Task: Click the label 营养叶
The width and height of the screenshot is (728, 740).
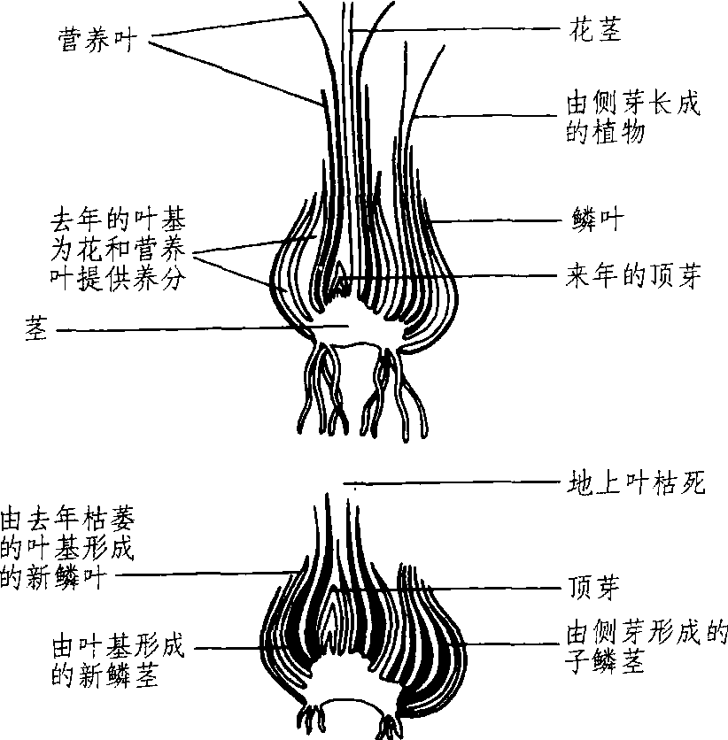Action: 97,40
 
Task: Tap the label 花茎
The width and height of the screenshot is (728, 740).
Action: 595,29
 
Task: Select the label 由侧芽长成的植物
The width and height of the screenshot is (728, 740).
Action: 633,118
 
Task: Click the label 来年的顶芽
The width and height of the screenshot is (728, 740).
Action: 633,275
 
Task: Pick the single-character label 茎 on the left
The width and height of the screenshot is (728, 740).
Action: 36,328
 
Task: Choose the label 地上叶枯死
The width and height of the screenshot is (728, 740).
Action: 636,482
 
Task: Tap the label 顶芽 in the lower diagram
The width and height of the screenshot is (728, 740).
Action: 593,588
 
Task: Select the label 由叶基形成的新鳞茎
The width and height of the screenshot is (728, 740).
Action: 118,660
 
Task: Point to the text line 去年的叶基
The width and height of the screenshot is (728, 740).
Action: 118,220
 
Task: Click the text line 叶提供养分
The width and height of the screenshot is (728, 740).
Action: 118,279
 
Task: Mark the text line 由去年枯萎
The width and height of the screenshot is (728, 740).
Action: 67,519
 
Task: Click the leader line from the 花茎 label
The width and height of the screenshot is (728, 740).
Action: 454,30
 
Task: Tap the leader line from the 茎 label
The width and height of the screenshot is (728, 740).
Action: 203,328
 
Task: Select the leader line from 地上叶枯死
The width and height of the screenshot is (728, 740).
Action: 452,482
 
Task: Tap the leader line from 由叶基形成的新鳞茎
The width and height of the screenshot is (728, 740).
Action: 228,648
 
